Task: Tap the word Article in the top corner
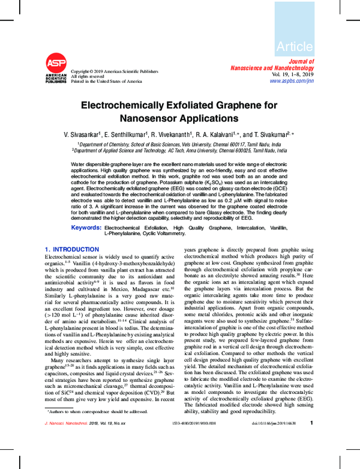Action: coord(294,46)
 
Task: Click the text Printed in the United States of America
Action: coord(107,81)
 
